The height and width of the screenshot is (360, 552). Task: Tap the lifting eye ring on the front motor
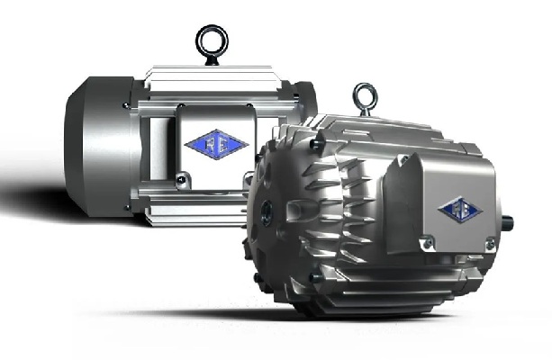364,95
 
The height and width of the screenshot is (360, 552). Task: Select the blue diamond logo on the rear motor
205,145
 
